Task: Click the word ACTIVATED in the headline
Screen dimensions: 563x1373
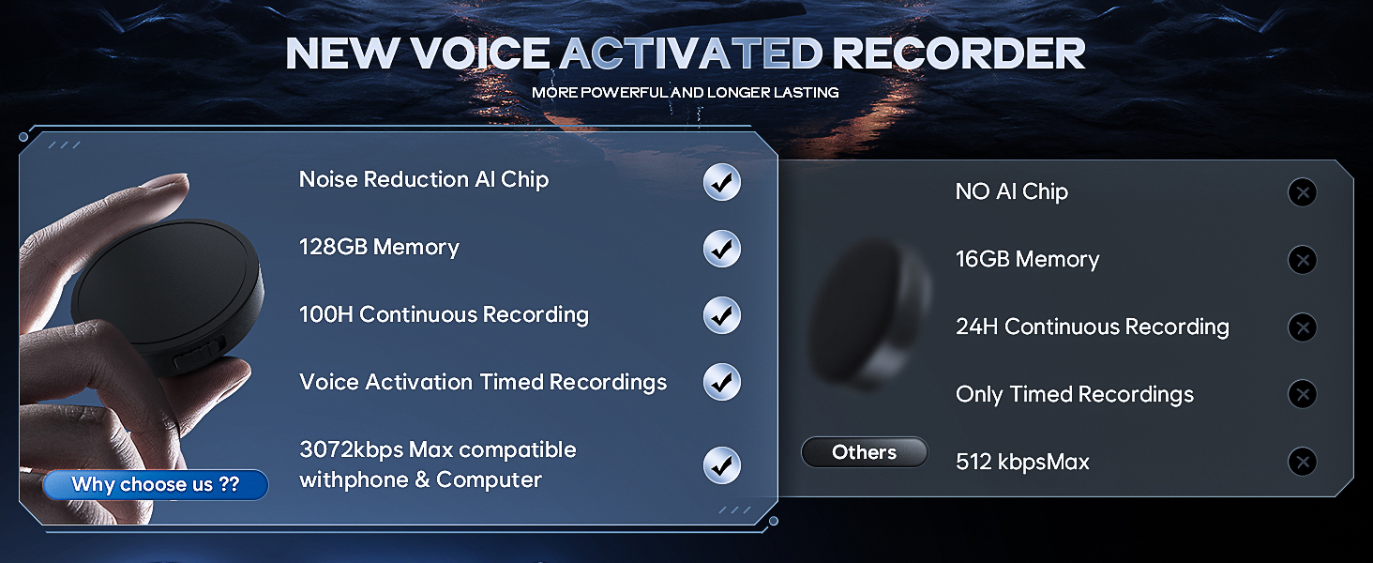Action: pyautogui.click(x=691, y=54)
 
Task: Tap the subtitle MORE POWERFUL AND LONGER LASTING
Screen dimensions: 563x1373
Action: pyautogui.click(x=685, y=93)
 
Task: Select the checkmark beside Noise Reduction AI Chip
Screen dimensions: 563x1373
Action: pyautogui.click(x=721, y=182)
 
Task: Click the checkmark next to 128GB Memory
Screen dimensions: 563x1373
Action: pyautogui.click(x=721, y=249)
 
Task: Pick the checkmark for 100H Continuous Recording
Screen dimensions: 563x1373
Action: pyautogui.click(x=721, y=315)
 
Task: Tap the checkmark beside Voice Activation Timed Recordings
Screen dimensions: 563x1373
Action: pyautogui.click(x=721, y=382)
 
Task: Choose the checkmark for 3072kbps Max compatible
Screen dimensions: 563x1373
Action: pyautogui.click(x=721, y=465)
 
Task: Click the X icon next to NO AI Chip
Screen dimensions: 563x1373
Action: pyautogui.click(x=1302, y=193)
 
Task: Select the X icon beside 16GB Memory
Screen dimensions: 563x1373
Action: pyautogui.click(x=1302, y=260)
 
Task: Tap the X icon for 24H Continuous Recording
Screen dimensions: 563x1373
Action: pyautogui.click(x=1302, y=327)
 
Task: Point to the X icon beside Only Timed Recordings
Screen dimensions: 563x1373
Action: pyautogui.click(x=1302, y=394)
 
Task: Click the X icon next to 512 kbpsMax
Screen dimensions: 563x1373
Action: pyautogui.click(x=1302, y=462)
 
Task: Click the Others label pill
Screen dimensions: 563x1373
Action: pyautogui.click(x=864, y=452)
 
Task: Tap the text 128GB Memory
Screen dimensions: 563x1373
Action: pyautogui.click(x=379, y=247)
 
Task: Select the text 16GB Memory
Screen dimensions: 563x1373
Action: pyautogui.click(x=1027, y=259)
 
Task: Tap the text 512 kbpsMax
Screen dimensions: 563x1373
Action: pyautogui.click(x=1022, y=462)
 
